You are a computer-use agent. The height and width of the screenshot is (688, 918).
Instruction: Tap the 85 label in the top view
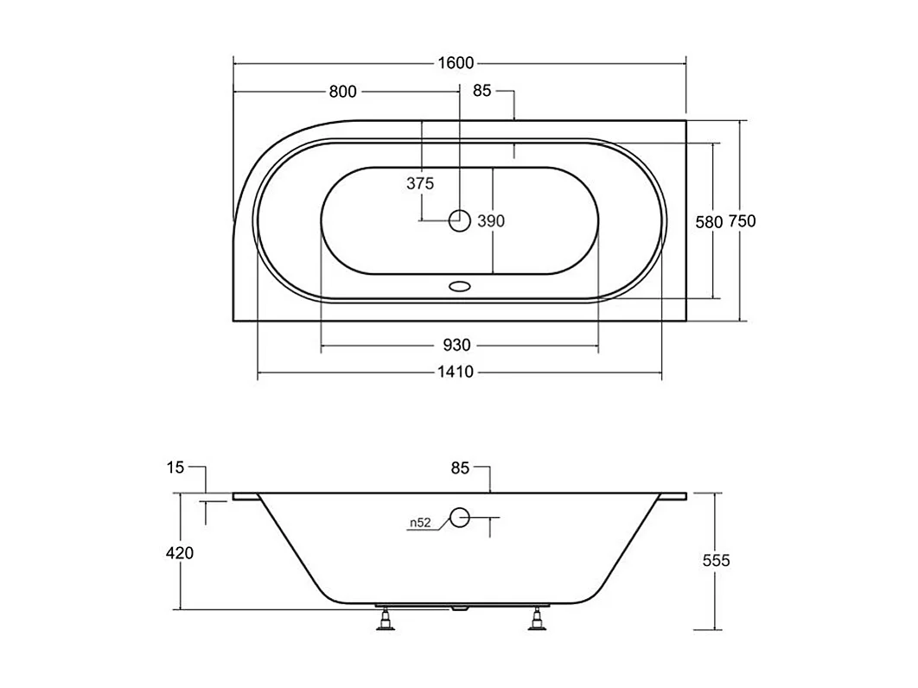click(x=481, y=90)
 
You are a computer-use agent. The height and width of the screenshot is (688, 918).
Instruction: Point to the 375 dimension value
click(x=420, y=183)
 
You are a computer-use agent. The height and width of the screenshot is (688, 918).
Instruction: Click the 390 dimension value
click(x=491, y=221)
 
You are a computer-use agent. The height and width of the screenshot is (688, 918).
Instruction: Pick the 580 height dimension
click(x=708, y=221)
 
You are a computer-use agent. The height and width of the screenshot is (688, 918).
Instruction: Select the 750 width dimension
click(x=742, y=221)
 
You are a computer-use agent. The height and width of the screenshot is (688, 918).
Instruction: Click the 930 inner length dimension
click(x=457, y=346)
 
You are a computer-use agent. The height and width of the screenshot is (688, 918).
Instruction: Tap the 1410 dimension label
click(x=458, y=373)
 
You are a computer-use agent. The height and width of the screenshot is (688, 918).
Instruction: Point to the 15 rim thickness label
click(x=175, y=468)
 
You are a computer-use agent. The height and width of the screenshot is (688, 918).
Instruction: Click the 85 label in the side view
click(x=459, y=468)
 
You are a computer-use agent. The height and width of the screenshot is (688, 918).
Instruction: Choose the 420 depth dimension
click(x=179, y=553)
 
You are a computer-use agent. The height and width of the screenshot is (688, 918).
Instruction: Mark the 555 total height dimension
click(x=716, y=560)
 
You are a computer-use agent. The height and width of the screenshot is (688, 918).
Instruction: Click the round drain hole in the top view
click(x=460, y=221)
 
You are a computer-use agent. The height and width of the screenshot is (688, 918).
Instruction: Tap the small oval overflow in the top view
click(x=460, y=285)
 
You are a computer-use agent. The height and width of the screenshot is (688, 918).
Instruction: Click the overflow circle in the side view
click(x=460, y=519)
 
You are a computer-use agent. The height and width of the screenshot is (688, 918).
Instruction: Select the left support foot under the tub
click(x=386, y=620)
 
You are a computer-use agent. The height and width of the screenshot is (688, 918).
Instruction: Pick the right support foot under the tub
click(x=539, y=620)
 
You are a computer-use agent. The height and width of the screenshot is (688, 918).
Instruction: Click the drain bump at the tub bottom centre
click(x=459, y=608)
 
